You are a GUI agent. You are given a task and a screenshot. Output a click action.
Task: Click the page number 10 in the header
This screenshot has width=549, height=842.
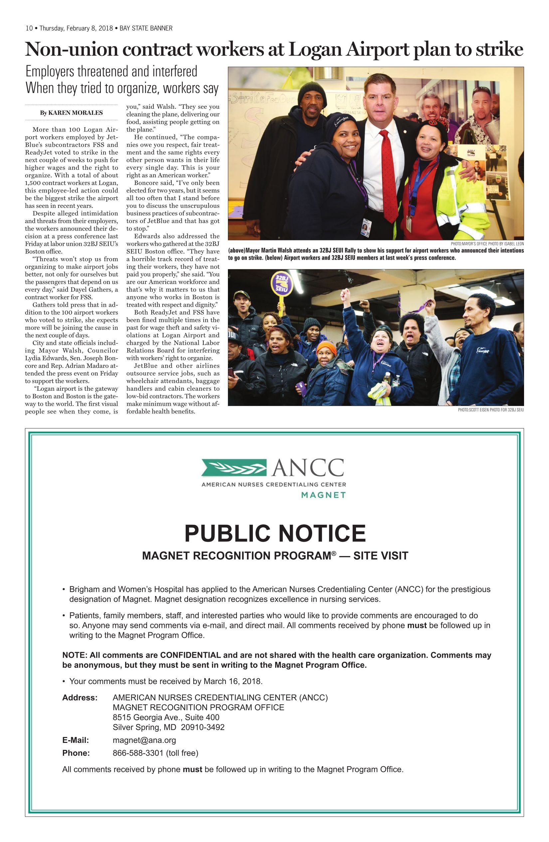[29, 28]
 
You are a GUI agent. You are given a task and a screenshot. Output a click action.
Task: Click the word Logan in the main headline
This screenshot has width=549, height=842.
[315, 50]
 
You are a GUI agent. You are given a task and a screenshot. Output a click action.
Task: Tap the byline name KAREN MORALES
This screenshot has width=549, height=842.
[76, 113]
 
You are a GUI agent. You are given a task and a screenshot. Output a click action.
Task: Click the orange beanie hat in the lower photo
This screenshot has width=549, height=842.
[326, 348]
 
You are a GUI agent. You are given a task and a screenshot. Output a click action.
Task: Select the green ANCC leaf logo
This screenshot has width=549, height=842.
[234, 467]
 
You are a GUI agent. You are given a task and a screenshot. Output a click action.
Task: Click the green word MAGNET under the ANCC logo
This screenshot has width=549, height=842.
[323, 495]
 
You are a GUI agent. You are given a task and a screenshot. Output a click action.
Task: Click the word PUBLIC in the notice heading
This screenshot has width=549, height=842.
[227, 534]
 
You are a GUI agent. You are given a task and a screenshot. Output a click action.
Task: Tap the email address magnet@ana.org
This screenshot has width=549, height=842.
[144, 741]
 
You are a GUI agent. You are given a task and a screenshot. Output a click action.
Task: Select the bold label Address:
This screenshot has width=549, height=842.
[80, 698]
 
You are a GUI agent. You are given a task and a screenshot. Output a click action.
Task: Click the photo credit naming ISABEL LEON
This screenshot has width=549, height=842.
[487, 244]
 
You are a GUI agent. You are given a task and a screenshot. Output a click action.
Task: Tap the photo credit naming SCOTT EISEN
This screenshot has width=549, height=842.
[490, 410]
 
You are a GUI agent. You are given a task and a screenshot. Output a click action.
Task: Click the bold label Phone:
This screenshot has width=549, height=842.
[76, 753]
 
